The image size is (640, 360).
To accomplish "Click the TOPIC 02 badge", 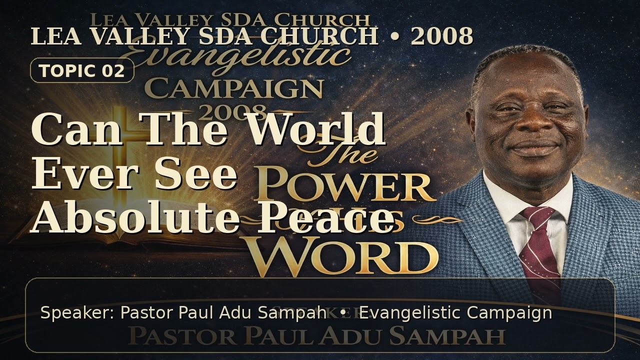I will pyautogui.click(x=82, y=70).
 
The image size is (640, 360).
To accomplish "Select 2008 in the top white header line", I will pyautogui.click(x=442, y=36).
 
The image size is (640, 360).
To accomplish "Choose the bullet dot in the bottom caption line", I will pyautogui.click(x=342, y=313).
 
